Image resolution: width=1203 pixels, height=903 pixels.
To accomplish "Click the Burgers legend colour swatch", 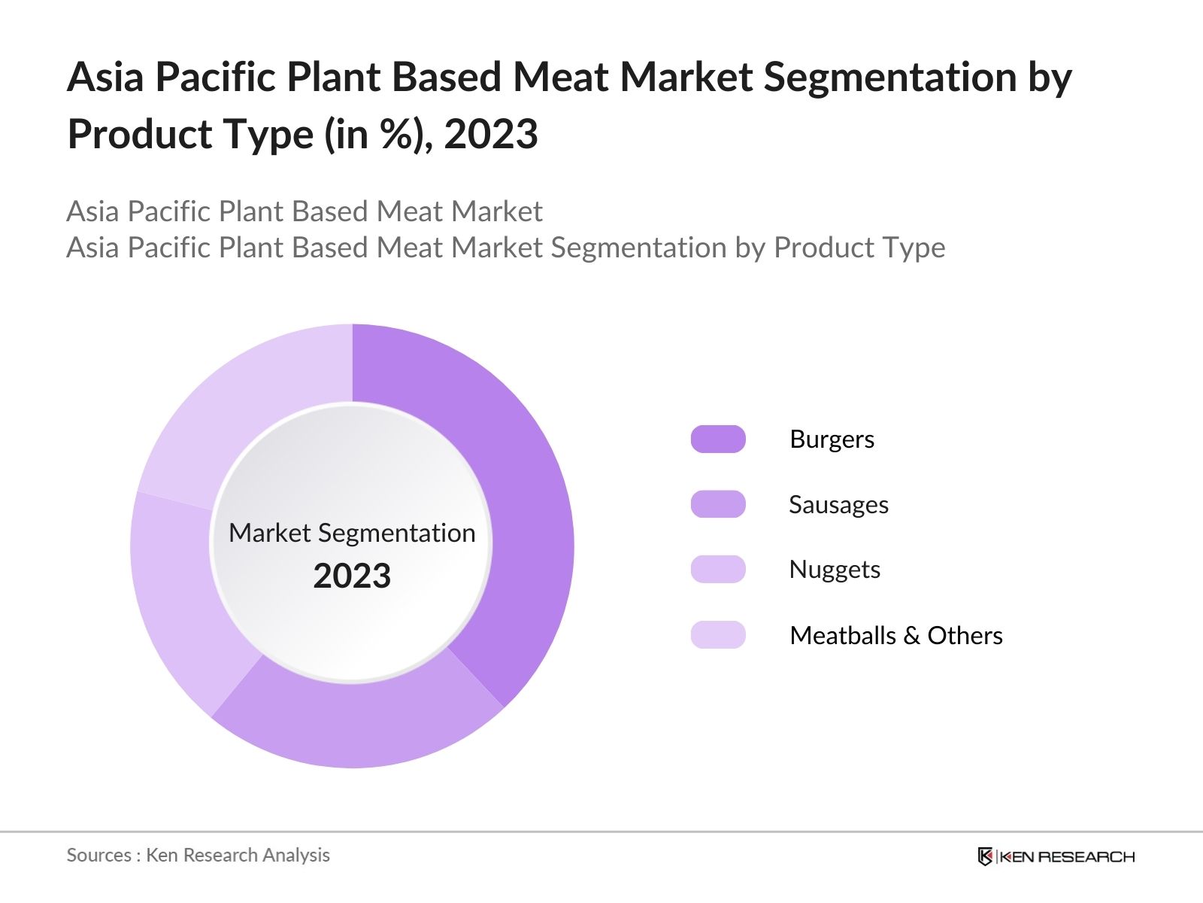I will [x=718, y=439].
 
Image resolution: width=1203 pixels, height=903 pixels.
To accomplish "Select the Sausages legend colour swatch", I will [x=718, y=504].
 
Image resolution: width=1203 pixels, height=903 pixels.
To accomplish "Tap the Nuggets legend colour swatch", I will [x=718, y=569].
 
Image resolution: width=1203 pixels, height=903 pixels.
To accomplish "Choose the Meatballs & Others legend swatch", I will [x=718, y=634].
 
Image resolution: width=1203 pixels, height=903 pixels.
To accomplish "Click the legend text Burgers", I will [x=832, y=439].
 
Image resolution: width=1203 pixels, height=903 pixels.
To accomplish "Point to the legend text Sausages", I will [x=838, y=504].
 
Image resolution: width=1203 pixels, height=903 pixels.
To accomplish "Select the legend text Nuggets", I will [x=835, y=570].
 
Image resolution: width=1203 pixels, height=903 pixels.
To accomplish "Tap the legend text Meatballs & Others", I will [x=896, y=635].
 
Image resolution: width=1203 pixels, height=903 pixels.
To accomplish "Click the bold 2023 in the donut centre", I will [x=352, y=576].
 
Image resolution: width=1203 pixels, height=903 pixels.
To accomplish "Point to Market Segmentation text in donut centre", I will [x=352, y=533].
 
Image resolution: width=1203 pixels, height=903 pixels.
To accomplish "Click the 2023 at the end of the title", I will [x=491, y=135].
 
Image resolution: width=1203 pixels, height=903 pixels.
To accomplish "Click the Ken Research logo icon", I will [x=985, y=856].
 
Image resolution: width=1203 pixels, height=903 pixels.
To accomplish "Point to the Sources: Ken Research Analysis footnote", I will [x=198, y=855].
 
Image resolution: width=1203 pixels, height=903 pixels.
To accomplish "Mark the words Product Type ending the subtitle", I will [x=859, y=248].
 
